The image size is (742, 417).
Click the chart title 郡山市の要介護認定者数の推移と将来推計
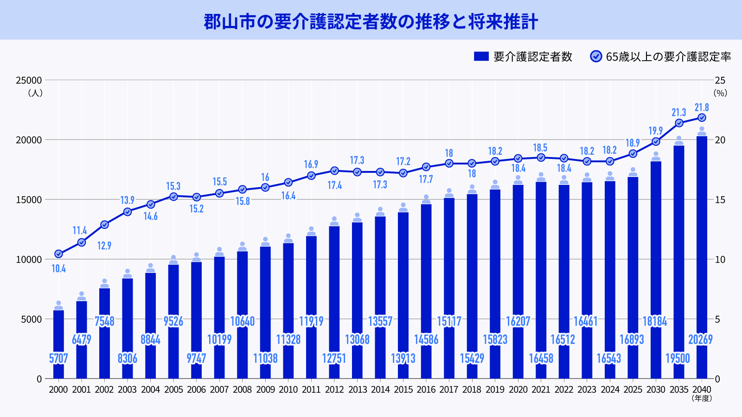[x=371, y=22]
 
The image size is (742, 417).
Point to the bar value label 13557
[x=380, y=321]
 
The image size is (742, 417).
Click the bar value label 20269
[x=700, y=340]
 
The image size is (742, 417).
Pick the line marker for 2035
[x=679, y=123]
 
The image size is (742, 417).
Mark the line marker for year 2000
[x=58, y=254]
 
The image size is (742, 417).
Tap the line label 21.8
[x=702, y=107]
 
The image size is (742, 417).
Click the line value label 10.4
[x=58, y=269]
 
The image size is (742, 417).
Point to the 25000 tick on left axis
[x=29, y=81]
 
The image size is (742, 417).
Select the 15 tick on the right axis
[x=720, y=200]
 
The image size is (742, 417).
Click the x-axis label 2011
[x=311, y=390]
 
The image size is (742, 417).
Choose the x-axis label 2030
[x=656, y=390]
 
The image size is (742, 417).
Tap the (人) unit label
[x=35, y=93]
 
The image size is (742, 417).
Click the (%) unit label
[x=720, y=93]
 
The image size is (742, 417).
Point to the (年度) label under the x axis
[x=702, y=398]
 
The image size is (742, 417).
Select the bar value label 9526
[x=173, y=321]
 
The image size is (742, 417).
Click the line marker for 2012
[x=334, y=171]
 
